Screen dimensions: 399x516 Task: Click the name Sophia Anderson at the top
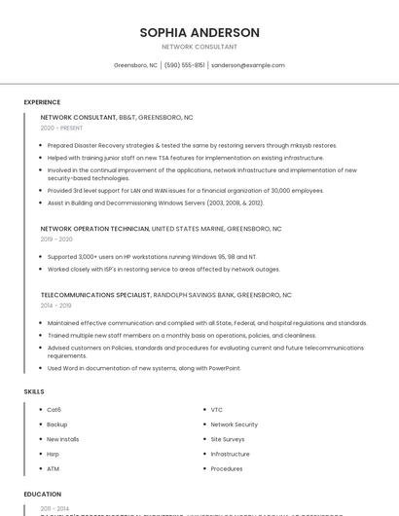click(199, 32)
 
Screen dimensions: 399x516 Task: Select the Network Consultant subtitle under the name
click(199, 47)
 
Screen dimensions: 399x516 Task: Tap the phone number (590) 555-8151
click(185, 65)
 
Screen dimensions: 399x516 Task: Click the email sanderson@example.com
click(248, 65)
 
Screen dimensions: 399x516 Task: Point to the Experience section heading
click(42, 102)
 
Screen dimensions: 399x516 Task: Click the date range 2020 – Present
click(61, 128)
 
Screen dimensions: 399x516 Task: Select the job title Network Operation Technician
click(95, 229)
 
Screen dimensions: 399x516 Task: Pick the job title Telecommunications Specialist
click(95, 294)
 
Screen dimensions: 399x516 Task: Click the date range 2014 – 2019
click(55, 305)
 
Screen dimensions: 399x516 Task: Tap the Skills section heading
click(34, 391)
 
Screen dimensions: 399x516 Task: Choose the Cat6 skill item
click(54, 410)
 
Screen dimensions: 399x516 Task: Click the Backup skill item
click(57, 424)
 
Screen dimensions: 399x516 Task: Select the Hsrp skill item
click(54, 454)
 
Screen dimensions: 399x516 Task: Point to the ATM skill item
click(54, 468)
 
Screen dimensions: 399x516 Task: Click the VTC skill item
click(217, 410)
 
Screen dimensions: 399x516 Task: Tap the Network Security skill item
click(234, 424)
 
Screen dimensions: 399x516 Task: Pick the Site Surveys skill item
click(229, 439)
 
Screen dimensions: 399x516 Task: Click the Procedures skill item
click(227, 468)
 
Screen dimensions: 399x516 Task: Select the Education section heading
click(43, 495)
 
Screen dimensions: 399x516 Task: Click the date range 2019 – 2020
click(56, 239)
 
